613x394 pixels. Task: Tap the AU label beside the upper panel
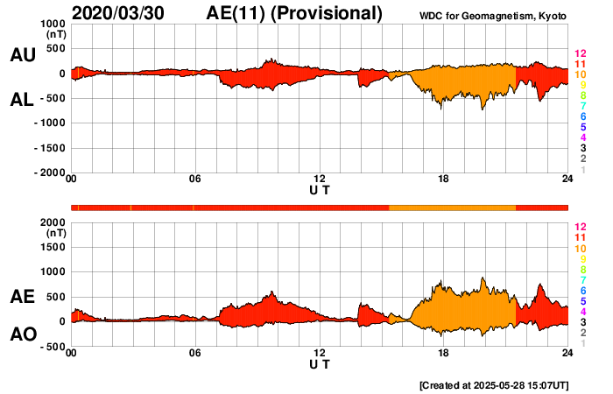[x=22, y=55]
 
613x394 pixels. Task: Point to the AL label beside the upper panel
[x=22, y=100]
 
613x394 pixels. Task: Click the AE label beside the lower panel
[x=22, y=298]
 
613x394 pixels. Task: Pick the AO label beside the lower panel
[x=22, y=334]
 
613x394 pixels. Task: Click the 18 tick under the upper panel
[x=443, y=179]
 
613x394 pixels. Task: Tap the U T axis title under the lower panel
[x=319, y=363]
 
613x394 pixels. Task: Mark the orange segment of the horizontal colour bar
[x=452, y=207]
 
